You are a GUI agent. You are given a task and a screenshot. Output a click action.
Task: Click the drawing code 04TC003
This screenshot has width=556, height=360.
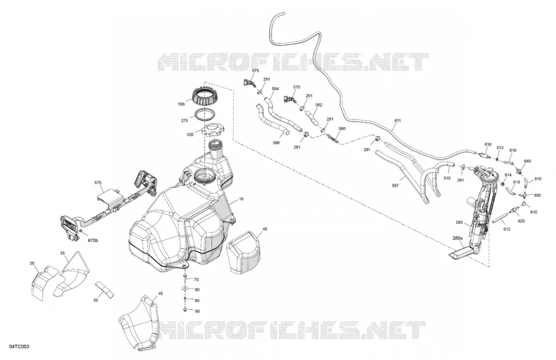19,346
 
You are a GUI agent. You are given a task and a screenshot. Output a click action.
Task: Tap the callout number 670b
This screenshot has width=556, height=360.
93,241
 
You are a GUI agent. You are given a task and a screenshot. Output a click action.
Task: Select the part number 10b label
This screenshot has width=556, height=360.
181,104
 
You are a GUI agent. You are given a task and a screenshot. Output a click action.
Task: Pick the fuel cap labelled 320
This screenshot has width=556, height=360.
214,129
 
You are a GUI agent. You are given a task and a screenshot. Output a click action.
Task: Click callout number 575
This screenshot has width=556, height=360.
255,71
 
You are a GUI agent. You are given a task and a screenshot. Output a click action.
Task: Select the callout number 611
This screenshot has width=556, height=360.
397,121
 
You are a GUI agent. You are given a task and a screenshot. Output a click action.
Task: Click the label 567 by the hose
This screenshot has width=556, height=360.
396,186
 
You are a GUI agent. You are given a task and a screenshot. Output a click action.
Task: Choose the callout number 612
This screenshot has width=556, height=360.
507,229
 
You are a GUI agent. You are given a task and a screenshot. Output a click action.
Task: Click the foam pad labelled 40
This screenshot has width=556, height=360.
243,252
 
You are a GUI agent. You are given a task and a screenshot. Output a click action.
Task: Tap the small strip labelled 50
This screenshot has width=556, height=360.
105,289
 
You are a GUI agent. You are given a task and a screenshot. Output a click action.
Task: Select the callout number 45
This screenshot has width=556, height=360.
160,293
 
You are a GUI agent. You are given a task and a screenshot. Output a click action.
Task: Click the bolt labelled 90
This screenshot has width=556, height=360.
186,311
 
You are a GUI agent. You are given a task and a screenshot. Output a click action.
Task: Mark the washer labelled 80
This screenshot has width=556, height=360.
185,289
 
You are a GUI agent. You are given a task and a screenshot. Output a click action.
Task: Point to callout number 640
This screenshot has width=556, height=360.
527,161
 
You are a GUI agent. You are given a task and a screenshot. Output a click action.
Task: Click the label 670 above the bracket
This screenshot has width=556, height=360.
98,183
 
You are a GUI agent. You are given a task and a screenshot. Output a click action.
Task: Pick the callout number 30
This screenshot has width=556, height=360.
32,263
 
